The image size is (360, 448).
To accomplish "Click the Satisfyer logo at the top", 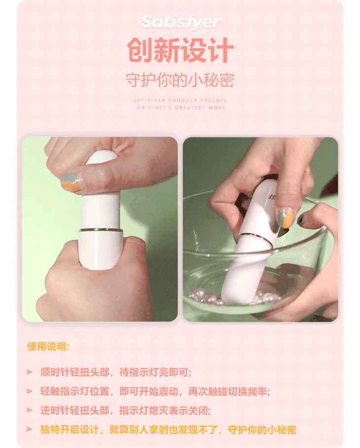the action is pos(180,22).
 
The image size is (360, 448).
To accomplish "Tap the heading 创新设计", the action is pos(180,50).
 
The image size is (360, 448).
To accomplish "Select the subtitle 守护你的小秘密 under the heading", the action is pos(180,80).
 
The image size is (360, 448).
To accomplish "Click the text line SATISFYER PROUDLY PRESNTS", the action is pos(180,100).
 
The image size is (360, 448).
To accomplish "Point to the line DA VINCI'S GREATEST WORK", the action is pos(181,108).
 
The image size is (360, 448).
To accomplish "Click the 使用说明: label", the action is pos(48,346).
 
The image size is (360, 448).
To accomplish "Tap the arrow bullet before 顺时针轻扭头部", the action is pos(30,372).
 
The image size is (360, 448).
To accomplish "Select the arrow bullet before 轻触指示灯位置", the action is pos(30,391).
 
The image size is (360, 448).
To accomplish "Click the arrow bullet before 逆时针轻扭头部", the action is pos(30,410).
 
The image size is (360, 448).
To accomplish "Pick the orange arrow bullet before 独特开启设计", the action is pos(30,429).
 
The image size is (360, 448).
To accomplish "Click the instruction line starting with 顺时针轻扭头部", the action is pos(116,372).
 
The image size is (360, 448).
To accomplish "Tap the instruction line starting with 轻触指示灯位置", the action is pos(155,391).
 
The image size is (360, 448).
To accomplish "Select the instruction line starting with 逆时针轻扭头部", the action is pos(126,411).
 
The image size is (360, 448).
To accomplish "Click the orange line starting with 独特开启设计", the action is pos(168,430).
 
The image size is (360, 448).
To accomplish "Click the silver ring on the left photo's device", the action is pos(101,230).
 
